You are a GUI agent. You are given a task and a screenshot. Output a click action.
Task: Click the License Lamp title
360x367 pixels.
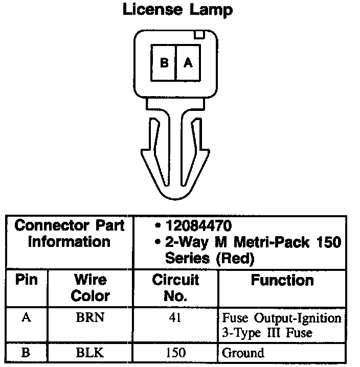[x=177, y=10]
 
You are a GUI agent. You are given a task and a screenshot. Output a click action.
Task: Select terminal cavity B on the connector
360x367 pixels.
[x=164, y=63]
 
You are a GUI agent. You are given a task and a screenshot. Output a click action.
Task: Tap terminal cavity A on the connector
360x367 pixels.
[x=188, y=63]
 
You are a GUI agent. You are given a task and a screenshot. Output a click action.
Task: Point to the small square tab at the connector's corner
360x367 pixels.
[x=199, y=35]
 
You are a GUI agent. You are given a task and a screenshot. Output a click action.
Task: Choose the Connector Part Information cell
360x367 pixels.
[x=69, y=234]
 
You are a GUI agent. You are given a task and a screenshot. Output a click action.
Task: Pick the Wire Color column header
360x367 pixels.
[x=91, y=288]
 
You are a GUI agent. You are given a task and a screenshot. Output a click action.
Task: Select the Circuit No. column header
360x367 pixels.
[x=175, y=288]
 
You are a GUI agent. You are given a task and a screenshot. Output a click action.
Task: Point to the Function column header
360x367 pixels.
[x=282, y=280]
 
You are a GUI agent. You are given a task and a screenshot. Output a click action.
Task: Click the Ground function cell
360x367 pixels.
[x=243, y=352]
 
